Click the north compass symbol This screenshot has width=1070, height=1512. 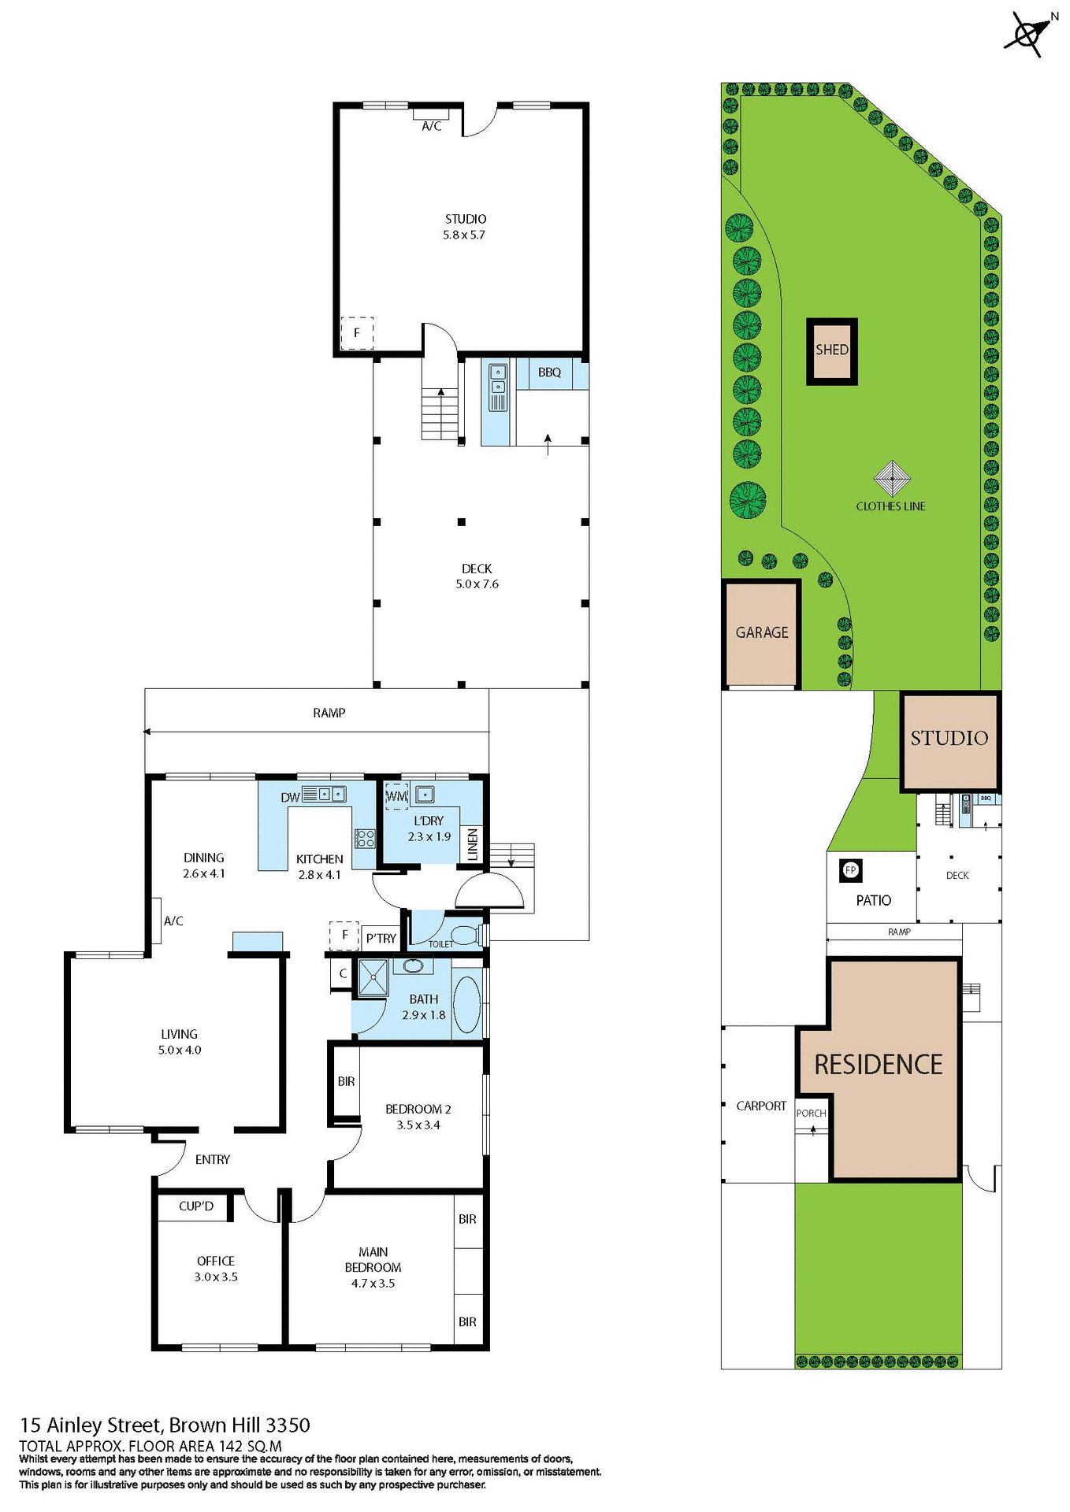tap(1027, 35)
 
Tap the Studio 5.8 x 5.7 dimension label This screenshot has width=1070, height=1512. tap(464, 235)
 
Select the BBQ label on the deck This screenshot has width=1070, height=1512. tap(549, 372)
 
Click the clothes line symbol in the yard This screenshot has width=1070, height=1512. tap(892, 479)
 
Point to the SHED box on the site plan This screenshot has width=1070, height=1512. tap(832, 350)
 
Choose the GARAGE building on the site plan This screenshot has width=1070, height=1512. tap(761, 633)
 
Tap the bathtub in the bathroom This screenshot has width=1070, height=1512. tap(466, 1005)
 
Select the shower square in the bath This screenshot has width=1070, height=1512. tap(373, 977)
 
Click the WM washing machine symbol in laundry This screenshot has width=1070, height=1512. tap(396, 796)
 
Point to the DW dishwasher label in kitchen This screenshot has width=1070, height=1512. tap(290, 797)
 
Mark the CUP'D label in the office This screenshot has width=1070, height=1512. tap(196, 1206)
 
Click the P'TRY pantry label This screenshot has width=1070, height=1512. tap(381, 938)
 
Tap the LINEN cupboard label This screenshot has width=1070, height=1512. tap(473, 843)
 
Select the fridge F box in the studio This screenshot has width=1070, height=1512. tap(357, 333)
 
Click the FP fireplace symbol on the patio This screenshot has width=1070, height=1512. tap(851, 870)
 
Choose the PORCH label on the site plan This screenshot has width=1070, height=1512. tap(811, 1113)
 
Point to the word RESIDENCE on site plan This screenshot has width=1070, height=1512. tap(878, 1065)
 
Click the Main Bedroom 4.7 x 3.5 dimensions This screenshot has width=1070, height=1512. tap(373, 1283)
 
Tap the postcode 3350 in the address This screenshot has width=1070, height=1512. tap(288, 1425)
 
